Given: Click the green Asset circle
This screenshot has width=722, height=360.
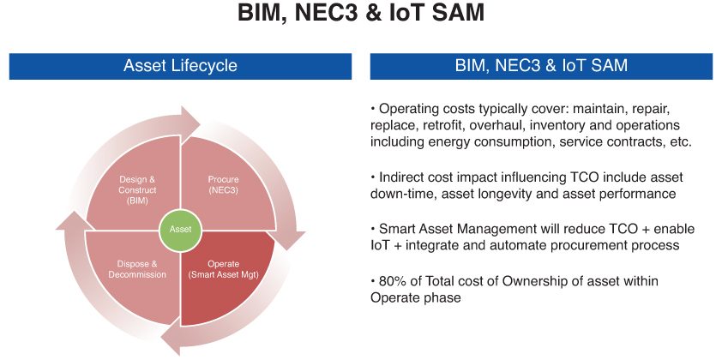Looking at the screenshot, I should pos(181,229).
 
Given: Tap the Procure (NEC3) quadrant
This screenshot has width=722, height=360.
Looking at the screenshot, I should pos(224,187).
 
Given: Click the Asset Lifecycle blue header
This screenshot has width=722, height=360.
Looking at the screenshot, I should pos(180,66).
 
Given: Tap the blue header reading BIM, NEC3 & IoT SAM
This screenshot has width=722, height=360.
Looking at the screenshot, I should pos(541,66).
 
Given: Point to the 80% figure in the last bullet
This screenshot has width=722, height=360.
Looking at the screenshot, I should pos(392,281).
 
